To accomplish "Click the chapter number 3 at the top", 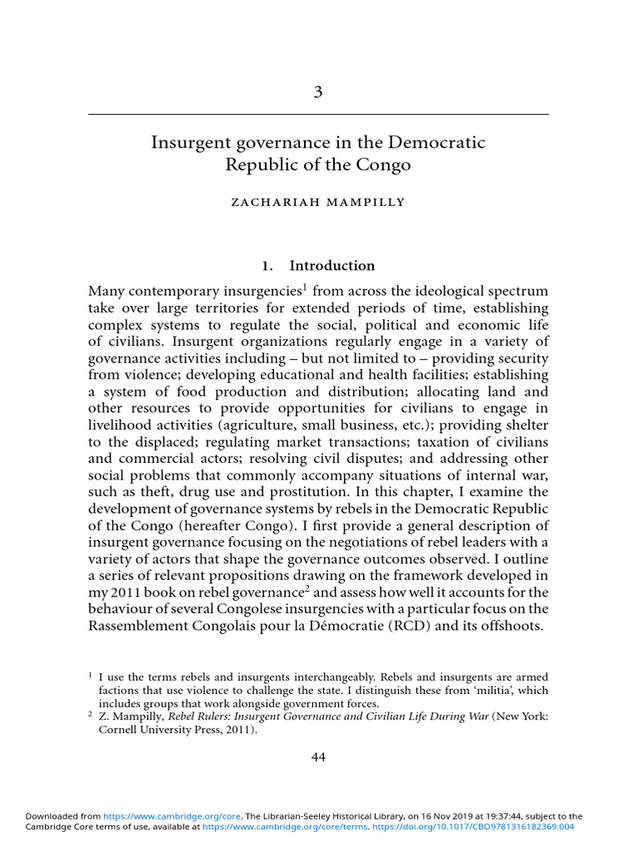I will pyautogui.click(x=318, y=92).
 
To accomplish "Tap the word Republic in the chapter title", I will pyautogui.click(x=258, y=165).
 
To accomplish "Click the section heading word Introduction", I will pyautogui.click(x=331, y=266).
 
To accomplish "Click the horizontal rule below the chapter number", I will pyautogui.click(x=318, y=114).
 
